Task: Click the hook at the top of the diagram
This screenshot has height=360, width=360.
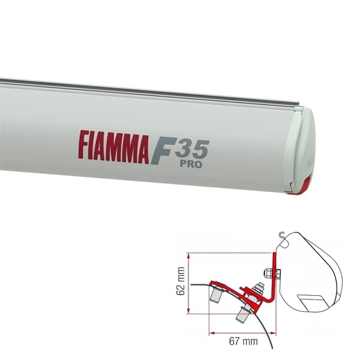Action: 282,236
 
